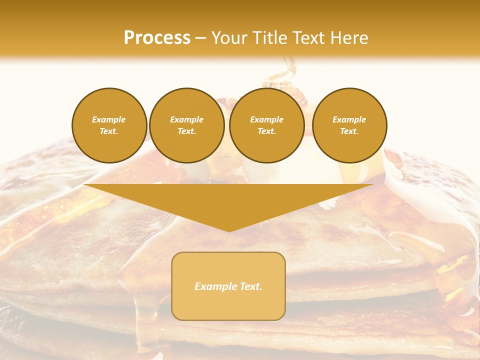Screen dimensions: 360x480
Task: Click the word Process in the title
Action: click(x=157, y=38)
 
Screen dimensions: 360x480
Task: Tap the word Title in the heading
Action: click(x=270, y=38)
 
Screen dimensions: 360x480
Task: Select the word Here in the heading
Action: click(x=349, y=38)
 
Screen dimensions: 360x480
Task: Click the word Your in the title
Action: click(x=229, y=38)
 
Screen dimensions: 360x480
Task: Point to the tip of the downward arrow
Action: click(x=228, y=231)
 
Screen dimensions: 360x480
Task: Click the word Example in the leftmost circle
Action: click(x=109, y=119)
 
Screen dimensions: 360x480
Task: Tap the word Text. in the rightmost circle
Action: click(x=349, y=131)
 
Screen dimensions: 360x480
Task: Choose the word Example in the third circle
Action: click(x=266, y=119)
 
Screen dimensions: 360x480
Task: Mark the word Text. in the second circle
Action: click(x=186, y=131)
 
